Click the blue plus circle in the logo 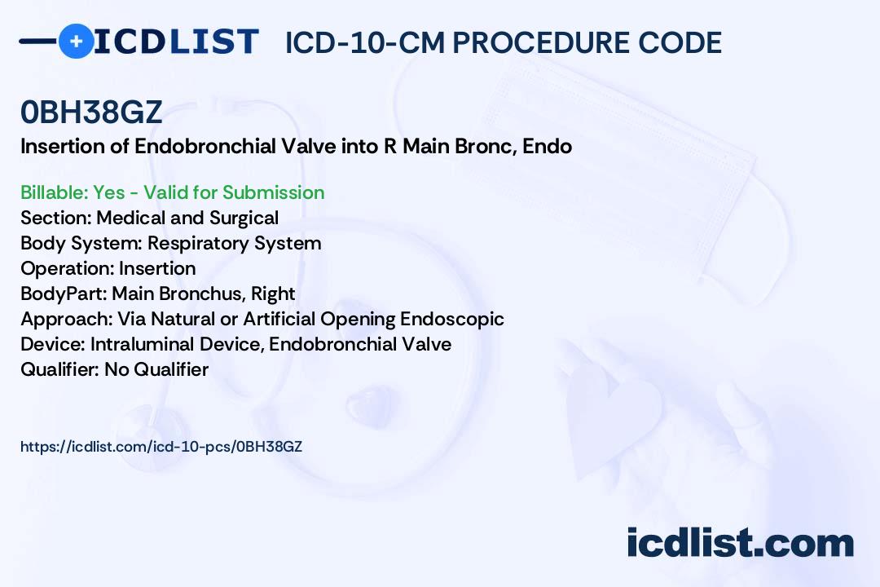point(76,41)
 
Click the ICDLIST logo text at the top point(176,42)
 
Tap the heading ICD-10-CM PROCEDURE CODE point(503,42)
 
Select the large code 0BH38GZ point(91,112)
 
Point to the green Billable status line point(172,192)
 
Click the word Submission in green point(273,192)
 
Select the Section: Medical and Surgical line point(149,218)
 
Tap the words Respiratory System point(234,244)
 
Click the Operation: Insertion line point(108,268)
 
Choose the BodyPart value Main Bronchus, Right point(203,293)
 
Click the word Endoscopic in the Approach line point(451,319)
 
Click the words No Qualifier point(156,369)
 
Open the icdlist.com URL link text point(161,447)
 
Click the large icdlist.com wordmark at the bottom point(740,542)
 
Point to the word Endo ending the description point(548,146)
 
